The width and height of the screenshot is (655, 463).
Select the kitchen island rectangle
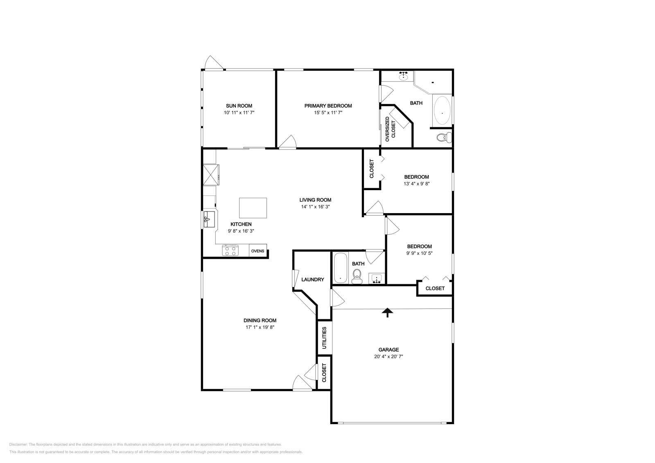click(x=253, y=208)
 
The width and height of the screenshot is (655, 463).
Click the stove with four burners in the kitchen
click(x=230, y=250)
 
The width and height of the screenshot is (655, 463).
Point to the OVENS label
click(x=257, y=251)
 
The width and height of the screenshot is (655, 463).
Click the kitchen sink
click(x=209, y=219)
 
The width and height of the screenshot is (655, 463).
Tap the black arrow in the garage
click(x=387, y=312)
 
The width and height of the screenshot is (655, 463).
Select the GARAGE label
click(x=388, y=350)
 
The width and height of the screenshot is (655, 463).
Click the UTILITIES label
click(x=324, y=337)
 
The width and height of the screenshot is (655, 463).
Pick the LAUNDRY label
click(x=313, y=280)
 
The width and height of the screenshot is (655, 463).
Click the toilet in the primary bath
click(x=443, y=137)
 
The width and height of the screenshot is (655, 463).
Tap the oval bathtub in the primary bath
click(x=442, y=110)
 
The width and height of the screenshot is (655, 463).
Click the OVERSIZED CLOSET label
click(x=390, y=127)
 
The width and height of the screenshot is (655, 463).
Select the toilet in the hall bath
click(x=357, y=276)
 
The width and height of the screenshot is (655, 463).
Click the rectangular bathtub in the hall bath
click(x=340, y=268)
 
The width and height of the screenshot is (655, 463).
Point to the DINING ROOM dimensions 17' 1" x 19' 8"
click(x=260, y=327)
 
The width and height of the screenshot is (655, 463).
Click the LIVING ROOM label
click(x=315, y=200)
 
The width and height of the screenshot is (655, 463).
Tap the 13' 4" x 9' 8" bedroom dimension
click(x=416, y=184)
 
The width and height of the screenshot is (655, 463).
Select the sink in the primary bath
click(x=404, y=76)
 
